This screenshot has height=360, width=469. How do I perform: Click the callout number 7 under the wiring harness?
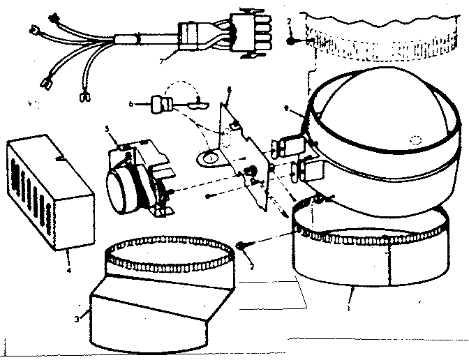[x=162, y=61]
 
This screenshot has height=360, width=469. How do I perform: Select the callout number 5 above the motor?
[x=107, y=130]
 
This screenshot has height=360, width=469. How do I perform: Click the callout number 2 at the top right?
[x=288, y=22]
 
